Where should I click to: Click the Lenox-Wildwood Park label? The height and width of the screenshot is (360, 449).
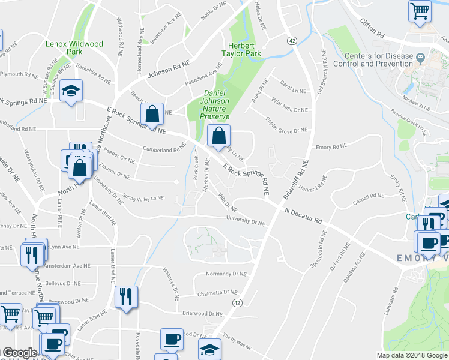75,48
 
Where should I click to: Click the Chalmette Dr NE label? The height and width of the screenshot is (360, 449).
221,293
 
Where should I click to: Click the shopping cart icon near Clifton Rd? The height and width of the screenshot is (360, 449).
420,10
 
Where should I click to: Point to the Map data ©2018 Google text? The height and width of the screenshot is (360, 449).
412,355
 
